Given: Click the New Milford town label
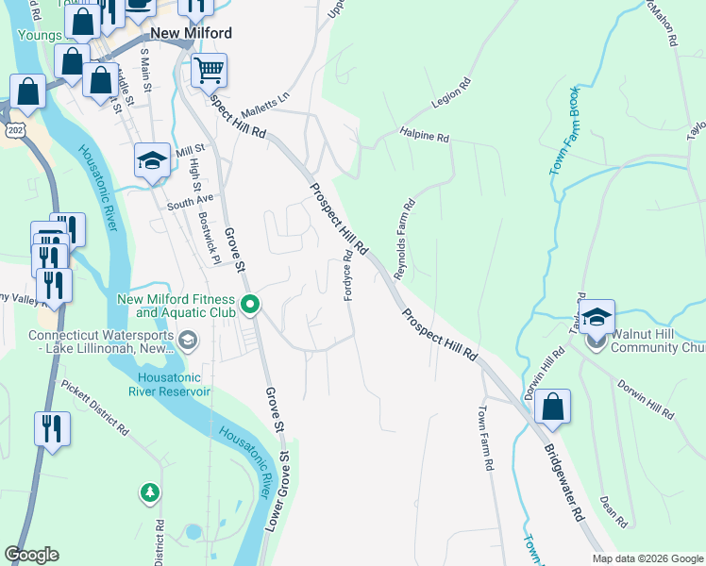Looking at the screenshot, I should [189, 33].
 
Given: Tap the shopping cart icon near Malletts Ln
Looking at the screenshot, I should [209, 70].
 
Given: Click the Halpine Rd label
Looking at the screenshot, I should [424, 136].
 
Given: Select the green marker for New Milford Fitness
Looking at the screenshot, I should [250, 304].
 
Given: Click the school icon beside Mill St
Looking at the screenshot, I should [152, 160].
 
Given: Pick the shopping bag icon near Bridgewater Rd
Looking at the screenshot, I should [552, 407].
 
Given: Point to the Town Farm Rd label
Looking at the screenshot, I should [485, 438].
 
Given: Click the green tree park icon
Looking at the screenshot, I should [149, 492].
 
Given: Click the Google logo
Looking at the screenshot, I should [32, 554].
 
